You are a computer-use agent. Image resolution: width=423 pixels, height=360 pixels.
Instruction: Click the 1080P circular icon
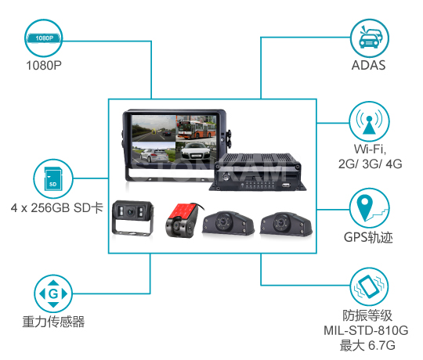tap(44, 38)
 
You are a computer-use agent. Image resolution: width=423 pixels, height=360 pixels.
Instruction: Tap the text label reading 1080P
tap(44, 65)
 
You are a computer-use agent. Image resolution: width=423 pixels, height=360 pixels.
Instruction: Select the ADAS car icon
tap(369, 38)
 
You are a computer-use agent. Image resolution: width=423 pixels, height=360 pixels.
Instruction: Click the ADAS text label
tap(368, 65)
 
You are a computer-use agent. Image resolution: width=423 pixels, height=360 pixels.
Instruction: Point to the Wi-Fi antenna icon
tap(369, 121)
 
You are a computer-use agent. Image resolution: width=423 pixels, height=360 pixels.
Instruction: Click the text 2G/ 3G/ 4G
tap(370, 164)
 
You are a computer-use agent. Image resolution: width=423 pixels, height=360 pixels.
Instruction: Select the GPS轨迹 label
tap(368, 237)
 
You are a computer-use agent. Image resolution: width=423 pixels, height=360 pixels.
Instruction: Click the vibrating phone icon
tap(369, 286)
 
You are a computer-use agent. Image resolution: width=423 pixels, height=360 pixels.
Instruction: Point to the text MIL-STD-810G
tap(366, 330)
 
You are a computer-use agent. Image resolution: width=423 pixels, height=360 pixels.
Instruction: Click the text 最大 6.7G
tap(367, 345)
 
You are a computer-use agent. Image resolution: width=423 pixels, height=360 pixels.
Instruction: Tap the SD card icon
tap(53, 178)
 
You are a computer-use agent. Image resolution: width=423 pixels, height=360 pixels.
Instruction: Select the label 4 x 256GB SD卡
tap(57, 207)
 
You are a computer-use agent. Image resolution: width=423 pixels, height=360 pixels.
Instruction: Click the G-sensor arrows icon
tap(53, 293)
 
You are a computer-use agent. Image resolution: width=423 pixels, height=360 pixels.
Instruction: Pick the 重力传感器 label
tap(53, 322)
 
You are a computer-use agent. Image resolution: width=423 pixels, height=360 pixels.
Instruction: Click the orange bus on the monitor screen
tap(196, 129)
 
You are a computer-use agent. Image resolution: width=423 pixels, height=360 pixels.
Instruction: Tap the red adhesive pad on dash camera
tap(183, 211)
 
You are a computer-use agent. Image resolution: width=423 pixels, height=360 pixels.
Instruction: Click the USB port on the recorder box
tap(286, 185)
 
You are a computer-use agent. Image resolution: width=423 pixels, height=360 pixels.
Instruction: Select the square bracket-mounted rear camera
tap(132, 218)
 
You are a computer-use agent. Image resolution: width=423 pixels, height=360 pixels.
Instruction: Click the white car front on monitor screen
tap(196, 152)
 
